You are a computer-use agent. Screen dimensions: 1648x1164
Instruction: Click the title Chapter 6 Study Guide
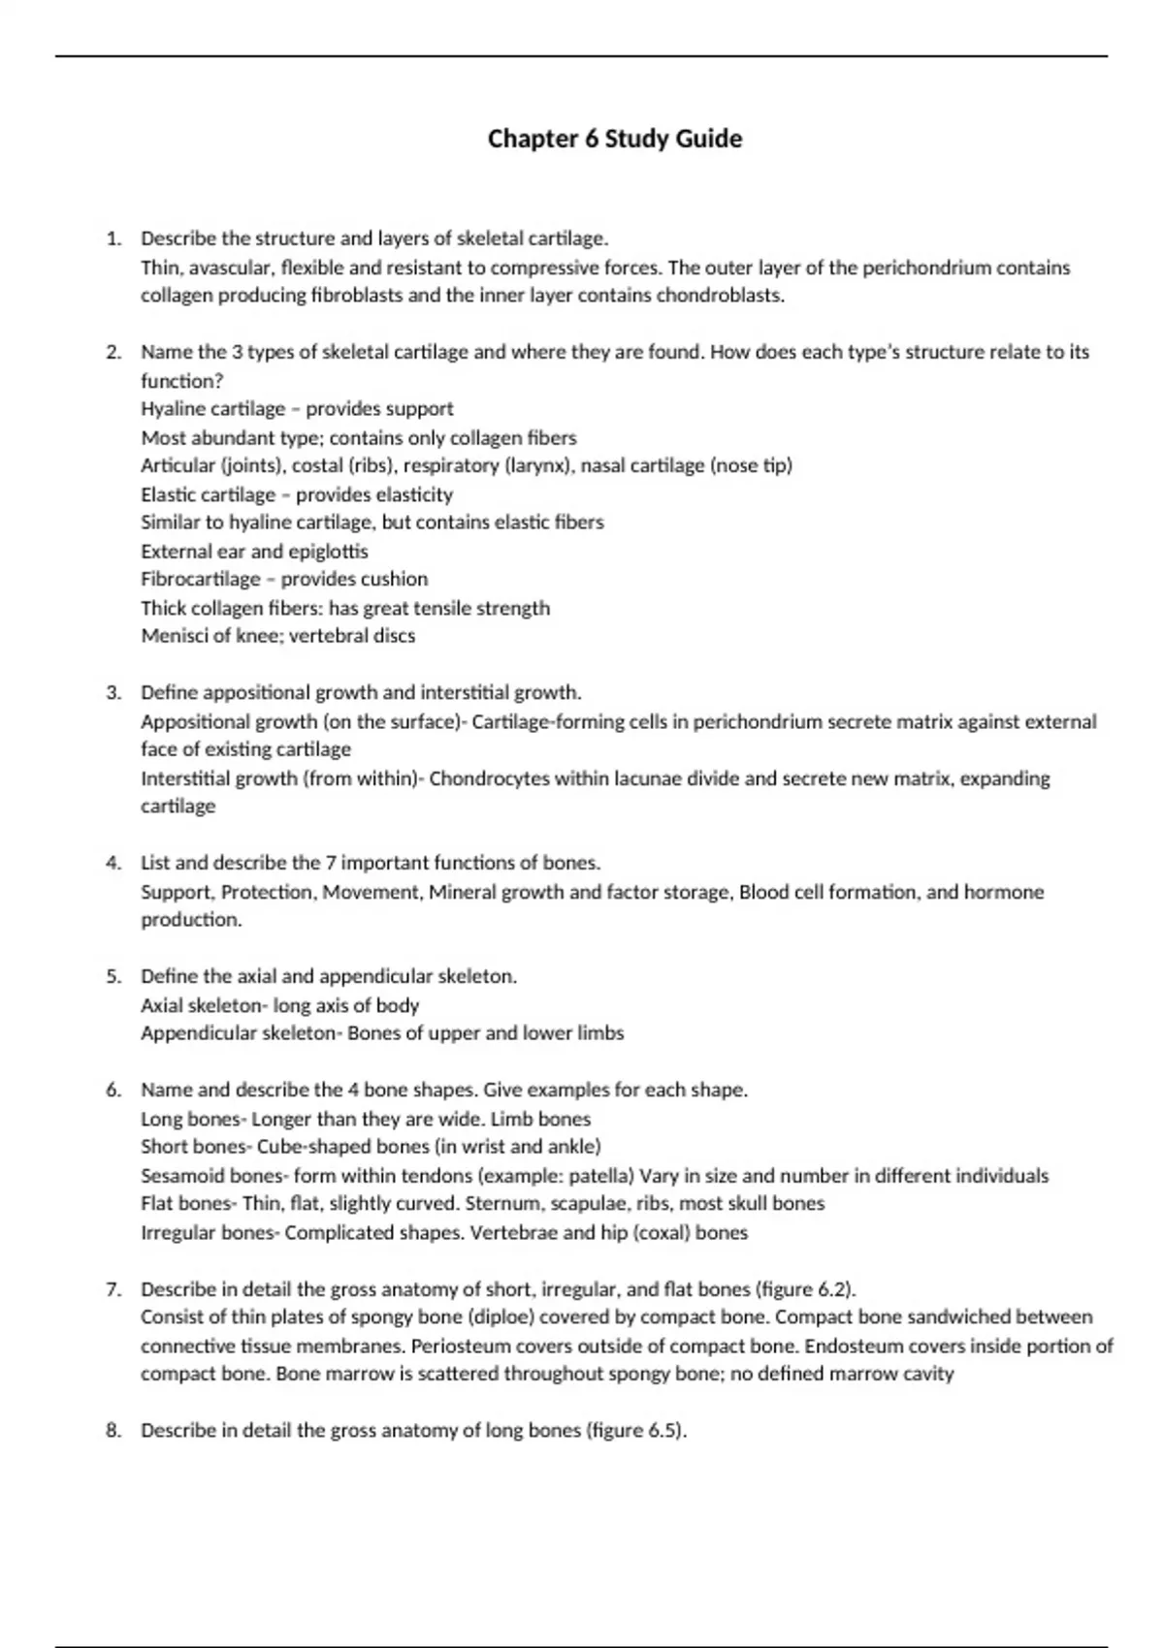coord(614,139)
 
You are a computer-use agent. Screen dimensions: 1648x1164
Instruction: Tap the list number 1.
coord(113,238)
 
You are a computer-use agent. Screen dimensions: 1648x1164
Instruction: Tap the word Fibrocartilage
coord(201,579)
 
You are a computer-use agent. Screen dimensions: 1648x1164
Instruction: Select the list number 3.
coord(113,693)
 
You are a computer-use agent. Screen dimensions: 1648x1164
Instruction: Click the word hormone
coord(1003,892)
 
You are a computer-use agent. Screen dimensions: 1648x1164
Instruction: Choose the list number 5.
coord(113,976)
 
